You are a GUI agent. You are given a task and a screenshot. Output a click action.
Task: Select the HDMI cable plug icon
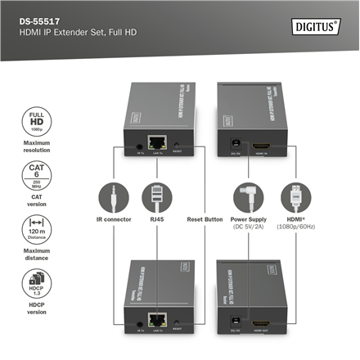[292, 196]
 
